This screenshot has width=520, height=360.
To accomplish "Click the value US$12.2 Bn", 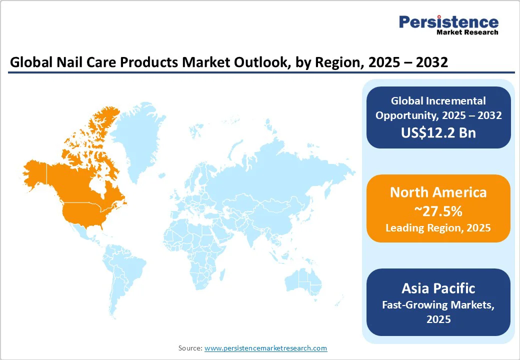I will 438,132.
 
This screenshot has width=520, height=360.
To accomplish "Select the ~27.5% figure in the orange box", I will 438,211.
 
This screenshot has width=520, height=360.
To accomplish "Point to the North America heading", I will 438,192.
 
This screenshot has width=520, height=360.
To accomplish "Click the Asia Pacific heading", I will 438,288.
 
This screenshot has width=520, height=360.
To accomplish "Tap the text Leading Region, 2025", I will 438,228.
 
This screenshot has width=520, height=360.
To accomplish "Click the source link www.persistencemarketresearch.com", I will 265,348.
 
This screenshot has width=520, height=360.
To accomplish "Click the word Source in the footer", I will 190,348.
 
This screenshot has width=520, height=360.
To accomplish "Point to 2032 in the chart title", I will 427,62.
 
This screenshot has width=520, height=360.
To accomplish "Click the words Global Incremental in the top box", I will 438,101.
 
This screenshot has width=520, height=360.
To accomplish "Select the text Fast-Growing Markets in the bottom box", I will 438,304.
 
